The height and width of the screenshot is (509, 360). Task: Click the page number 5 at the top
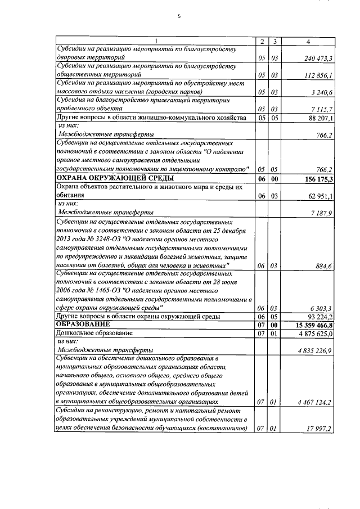click(x=179, y=16)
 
